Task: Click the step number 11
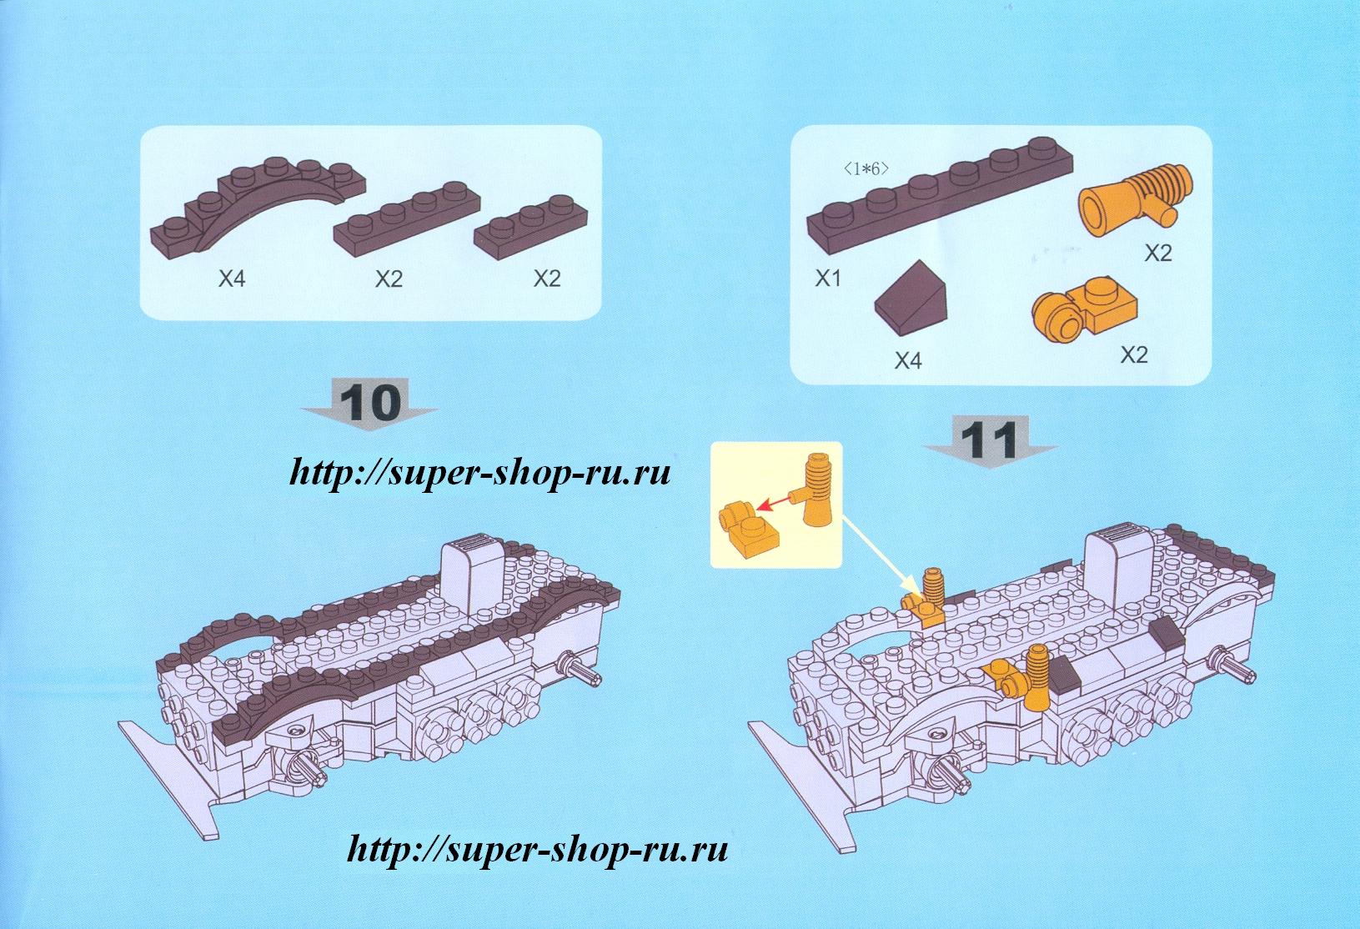[x=990, y=439]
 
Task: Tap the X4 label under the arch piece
[x=232, y=279]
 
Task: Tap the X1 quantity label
[x=828, y=279]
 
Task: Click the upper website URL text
[x=479, y=474]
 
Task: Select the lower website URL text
[x=537, y=850]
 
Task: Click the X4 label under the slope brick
[x=908, y=360]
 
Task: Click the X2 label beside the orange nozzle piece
[x=1157, y=253]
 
